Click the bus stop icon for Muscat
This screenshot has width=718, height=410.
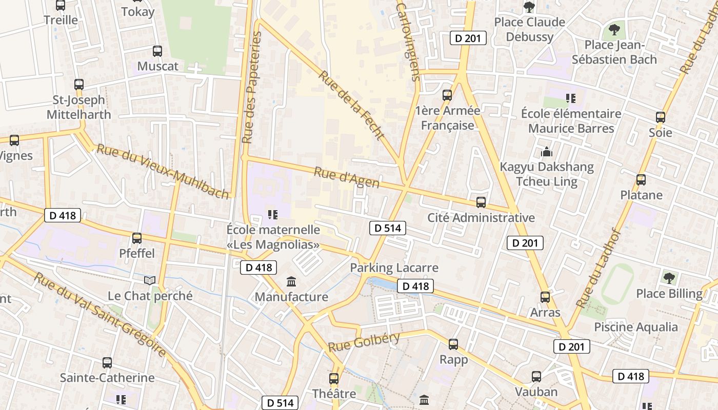[x=157, y=51]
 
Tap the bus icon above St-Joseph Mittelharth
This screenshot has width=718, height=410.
[x=78, y=85]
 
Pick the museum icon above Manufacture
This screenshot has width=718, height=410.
[x=291, y=281]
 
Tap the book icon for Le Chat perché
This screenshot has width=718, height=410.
[x=150, y=280]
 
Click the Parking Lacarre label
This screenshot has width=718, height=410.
[x=394, y=268]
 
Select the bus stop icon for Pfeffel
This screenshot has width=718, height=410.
[x=136, y=238]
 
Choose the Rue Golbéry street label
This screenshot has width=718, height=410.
[x=364, y=342]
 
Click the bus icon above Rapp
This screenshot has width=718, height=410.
[x=453, y=344]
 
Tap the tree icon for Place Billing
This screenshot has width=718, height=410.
[x=669, y=278]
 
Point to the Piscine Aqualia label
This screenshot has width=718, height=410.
[x=635, y=327]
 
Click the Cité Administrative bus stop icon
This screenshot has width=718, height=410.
[x=481, y=202]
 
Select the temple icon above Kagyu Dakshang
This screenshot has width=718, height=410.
[x=546, y=152]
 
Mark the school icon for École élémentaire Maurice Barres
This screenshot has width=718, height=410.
[x=571, y=98]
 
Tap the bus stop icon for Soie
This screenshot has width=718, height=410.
[x=661, y=117]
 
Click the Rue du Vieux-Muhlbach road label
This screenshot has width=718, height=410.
[x=163, y=171]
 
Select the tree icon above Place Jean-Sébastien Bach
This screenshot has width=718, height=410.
[x=614, y=29]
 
